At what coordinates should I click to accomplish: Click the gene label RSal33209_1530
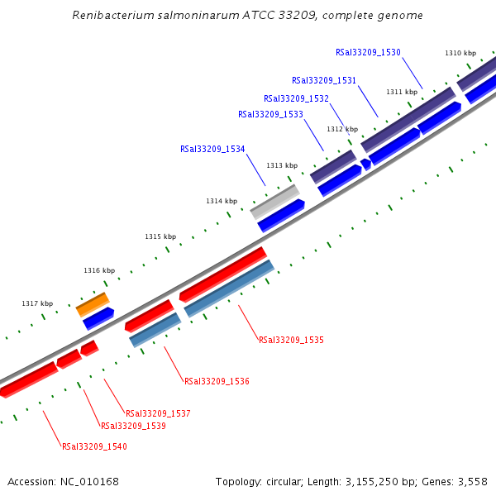368,52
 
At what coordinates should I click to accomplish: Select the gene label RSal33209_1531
324,80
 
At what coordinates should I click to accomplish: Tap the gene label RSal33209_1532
296,98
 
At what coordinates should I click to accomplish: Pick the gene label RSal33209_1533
270,115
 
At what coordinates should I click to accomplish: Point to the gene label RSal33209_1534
212,150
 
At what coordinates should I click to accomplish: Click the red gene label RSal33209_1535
291,340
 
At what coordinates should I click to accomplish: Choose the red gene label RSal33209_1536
217,381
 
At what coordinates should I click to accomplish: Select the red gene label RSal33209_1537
158,413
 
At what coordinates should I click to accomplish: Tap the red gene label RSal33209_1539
133,426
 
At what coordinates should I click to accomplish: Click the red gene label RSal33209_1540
94,446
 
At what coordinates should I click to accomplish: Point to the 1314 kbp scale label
222,201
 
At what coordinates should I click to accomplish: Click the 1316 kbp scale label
99,270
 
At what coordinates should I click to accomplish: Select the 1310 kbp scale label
460,53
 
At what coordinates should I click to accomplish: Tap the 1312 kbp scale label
342,129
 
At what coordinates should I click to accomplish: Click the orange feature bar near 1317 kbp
93,303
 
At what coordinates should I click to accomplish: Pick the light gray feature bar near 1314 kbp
274,201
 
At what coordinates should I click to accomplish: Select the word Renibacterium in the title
108,15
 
